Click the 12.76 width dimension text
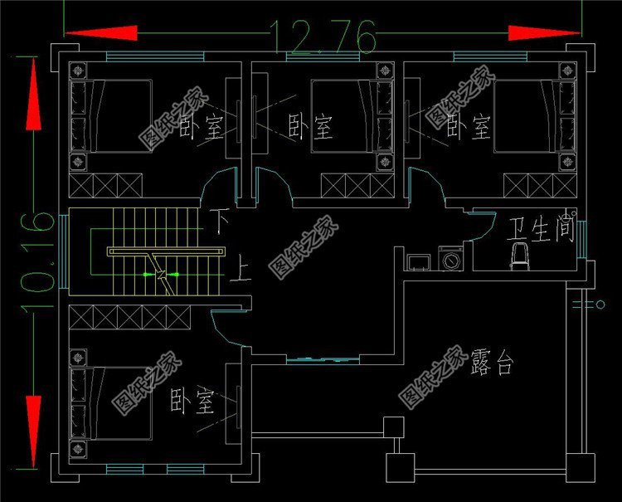323,36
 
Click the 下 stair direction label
218,222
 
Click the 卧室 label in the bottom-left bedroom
192,402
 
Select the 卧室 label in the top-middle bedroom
310,127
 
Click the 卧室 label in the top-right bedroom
468,127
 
